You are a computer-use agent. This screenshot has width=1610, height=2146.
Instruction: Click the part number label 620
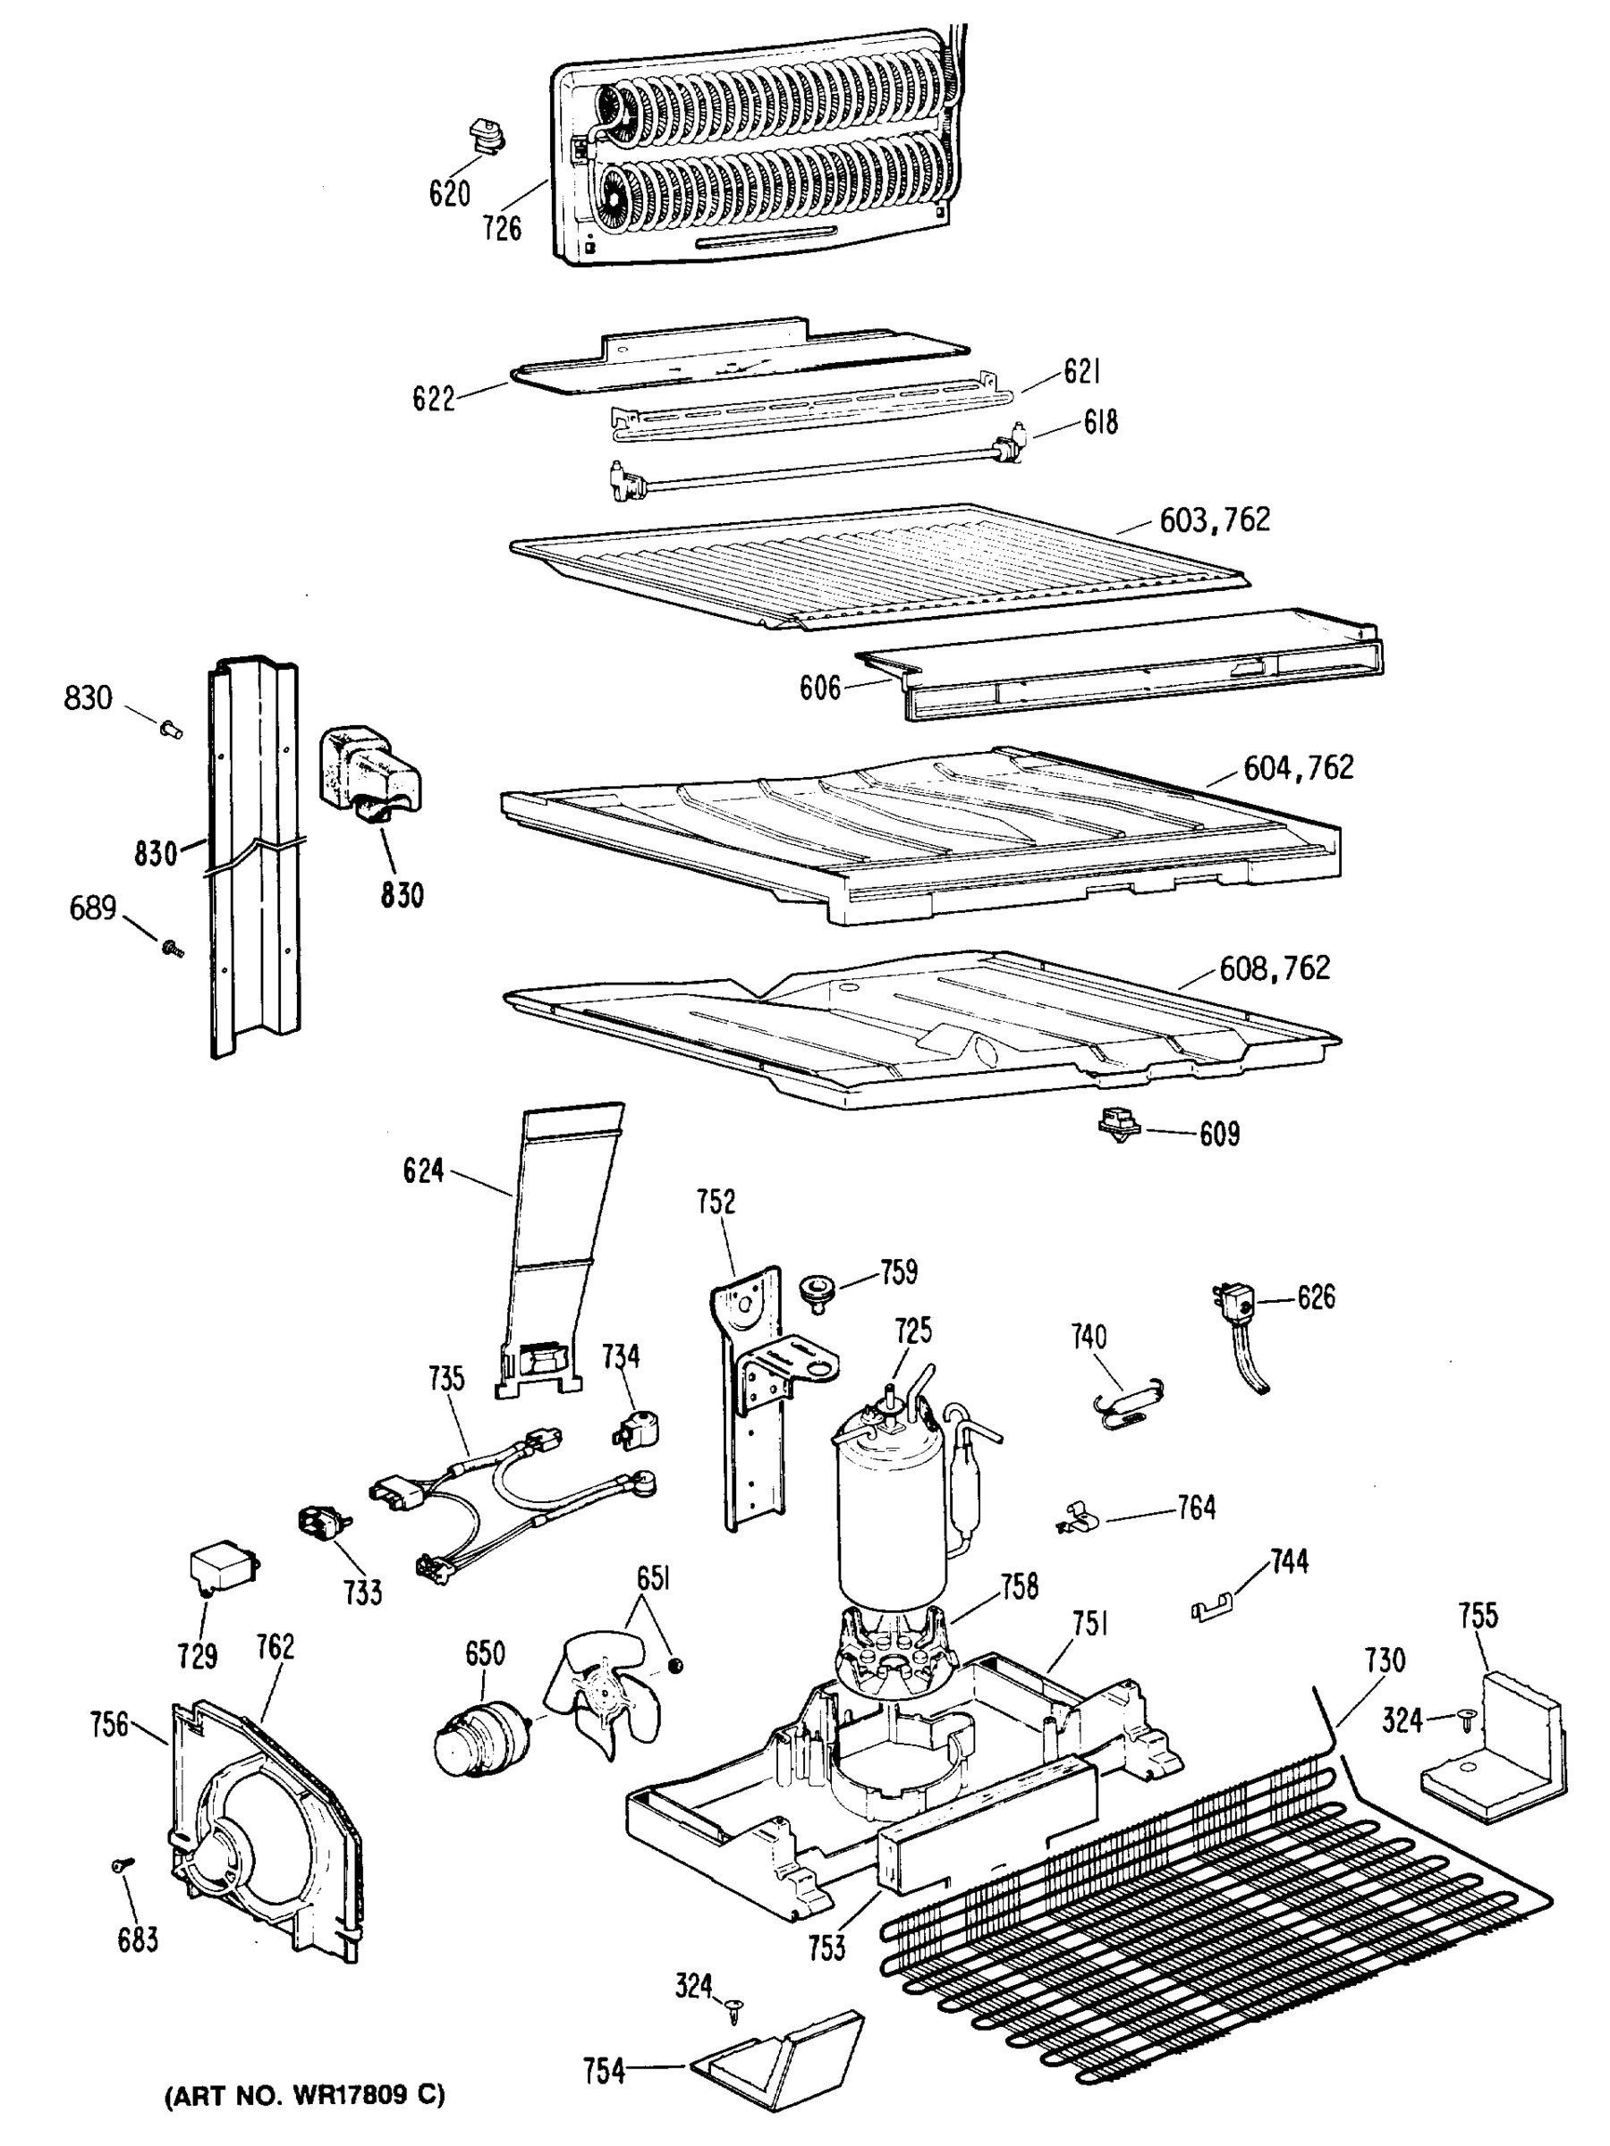pyautogui.click(x=449, y=194)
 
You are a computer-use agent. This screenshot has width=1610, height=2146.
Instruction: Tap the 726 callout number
pyautogui.click(x=502, y=229)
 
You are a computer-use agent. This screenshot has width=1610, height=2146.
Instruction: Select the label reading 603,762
pyautogui.click(x=1214, y=521)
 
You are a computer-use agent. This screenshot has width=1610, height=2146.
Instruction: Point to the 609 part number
pyautogui.click(x=1219, y=1134)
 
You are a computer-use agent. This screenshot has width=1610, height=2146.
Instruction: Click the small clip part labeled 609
pyautogui.click(x=1118, y=1127)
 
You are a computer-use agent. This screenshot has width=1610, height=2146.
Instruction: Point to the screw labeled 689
pyautogui.click(x=173, y=945)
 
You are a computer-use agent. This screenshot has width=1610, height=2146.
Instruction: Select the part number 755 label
pyautogui.click(x=1477, y=1617)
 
